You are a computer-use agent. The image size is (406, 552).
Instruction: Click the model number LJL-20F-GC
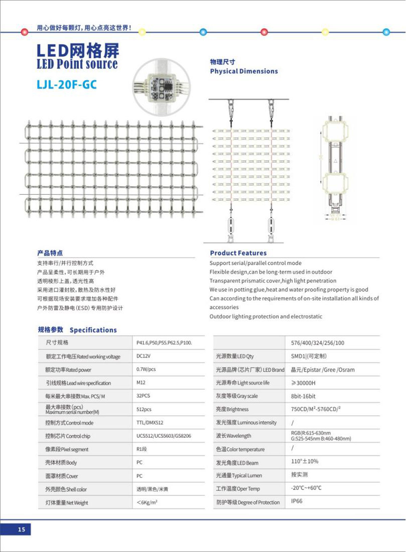(67, 84)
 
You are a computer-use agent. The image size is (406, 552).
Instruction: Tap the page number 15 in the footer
(21, 529)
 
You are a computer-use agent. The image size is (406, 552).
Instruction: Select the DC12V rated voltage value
(143, 356)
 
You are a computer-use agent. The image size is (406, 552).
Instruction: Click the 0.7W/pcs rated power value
(146, 369)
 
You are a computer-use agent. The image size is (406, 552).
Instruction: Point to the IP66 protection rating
(297, 501)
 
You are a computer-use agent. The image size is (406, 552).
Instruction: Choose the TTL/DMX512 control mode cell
(150, 422)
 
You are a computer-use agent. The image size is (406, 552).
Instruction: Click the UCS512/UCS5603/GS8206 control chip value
(164, 436)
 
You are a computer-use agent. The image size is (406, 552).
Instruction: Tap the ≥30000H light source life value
(303, 383)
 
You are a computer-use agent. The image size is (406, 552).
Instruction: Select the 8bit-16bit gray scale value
(303, 396)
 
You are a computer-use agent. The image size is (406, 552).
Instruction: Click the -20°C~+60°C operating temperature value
(306, 488)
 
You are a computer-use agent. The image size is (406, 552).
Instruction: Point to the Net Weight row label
(67, 503)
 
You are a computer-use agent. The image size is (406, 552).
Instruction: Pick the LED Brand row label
(250, 370)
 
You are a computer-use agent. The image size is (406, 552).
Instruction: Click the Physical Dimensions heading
(244, 71)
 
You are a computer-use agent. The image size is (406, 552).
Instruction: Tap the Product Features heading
(238, 253)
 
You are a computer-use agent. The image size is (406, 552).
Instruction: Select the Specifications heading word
(93, 330)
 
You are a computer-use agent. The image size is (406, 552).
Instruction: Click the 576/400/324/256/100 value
(317, 343)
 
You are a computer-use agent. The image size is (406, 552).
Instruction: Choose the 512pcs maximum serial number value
(144, 409)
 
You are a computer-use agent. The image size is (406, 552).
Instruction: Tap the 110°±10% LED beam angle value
(304, 461)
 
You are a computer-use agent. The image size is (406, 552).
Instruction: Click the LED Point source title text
(77, 64)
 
